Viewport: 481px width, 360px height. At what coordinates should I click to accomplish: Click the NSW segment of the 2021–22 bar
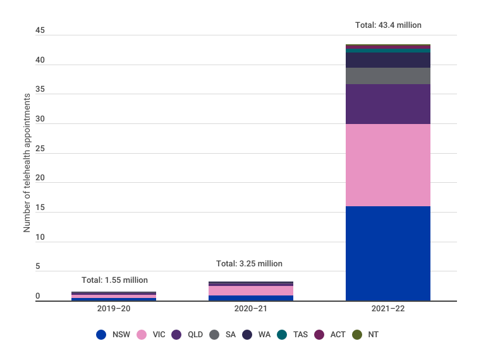(x=388, y=253)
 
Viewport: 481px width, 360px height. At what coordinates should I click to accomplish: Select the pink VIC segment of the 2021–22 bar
(x=388, y=165)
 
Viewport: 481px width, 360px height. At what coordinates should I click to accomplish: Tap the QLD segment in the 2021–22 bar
(x=388, y=104)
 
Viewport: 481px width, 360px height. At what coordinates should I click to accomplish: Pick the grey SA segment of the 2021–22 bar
(x=388, y=76)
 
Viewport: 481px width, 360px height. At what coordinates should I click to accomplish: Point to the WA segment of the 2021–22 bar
(x=388, y=60)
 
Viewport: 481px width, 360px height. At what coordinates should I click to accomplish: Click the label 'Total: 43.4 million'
(x=388, y=25)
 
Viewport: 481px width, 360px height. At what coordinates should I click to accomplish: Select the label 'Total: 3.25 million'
(x=249, y=263)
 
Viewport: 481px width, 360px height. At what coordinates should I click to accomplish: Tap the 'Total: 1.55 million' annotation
(x=114, y=280)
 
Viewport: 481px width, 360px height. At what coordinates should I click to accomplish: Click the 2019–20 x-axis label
(x=114, y=309)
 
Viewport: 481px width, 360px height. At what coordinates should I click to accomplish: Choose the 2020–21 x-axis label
(x=251, y=309)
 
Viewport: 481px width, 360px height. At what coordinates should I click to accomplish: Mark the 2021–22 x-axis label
(x=387, y=309)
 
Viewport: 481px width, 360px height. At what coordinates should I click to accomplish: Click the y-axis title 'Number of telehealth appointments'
(x=27, y=163)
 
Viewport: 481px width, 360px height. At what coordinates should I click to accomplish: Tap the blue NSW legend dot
(x=101, y=334)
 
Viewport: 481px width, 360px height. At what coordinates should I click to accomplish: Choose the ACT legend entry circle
(x=319, y=334)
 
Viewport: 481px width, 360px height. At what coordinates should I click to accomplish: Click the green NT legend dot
(x=356, y=334)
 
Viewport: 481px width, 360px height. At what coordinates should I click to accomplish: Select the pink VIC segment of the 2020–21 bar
(x=251, y=290)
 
